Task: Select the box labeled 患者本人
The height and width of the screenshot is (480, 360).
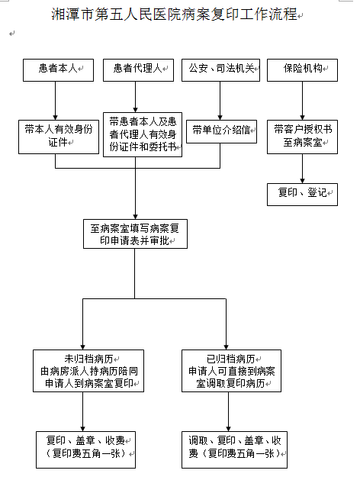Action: [58, 70]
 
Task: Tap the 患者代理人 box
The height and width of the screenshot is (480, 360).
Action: [138, 70]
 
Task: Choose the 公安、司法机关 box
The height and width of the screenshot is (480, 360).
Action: [221, 70]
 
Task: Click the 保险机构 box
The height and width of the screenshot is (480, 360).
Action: [302, 70]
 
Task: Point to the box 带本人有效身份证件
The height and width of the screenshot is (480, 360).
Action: [59, 137]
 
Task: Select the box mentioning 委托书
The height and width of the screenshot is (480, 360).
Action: [143, 135]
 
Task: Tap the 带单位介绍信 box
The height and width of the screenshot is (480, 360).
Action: [221, 131]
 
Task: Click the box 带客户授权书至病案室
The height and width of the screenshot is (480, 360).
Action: [302, 137]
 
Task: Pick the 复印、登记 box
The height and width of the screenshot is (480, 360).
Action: [302, 195]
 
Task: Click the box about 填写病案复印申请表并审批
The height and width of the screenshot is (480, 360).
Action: [135, 234]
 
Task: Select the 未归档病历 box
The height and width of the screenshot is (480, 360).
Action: [88, 371]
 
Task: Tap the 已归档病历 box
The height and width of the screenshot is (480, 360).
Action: [231, 371]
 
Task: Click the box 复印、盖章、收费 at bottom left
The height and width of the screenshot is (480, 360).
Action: [85, 449]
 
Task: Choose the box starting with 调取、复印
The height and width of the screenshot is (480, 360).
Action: [234, 449]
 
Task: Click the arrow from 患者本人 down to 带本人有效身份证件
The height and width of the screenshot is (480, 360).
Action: [56, 101]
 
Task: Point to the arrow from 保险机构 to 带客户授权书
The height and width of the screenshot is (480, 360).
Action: [303, 101]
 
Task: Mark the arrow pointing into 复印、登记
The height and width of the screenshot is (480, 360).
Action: [303, 169]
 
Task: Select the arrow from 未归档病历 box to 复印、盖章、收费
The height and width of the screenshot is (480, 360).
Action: [83, 412]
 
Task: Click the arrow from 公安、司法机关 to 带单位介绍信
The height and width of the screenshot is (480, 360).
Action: [220, 101]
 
